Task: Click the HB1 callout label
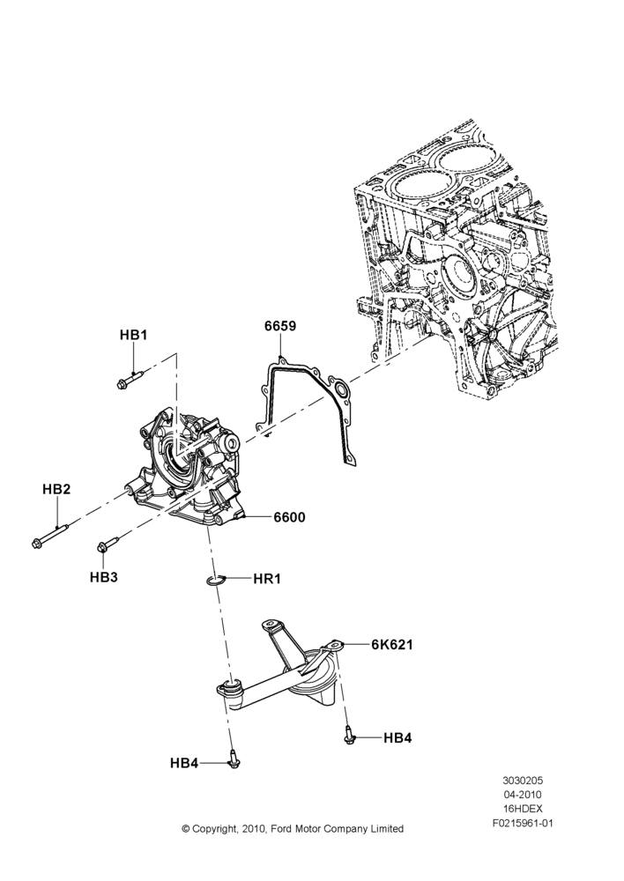tap(133, 335)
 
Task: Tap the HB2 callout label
tap(56, 489)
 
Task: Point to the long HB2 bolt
tap(49, 535)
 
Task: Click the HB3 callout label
tap(103, 576)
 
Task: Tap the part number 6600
tap(289, 517)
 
